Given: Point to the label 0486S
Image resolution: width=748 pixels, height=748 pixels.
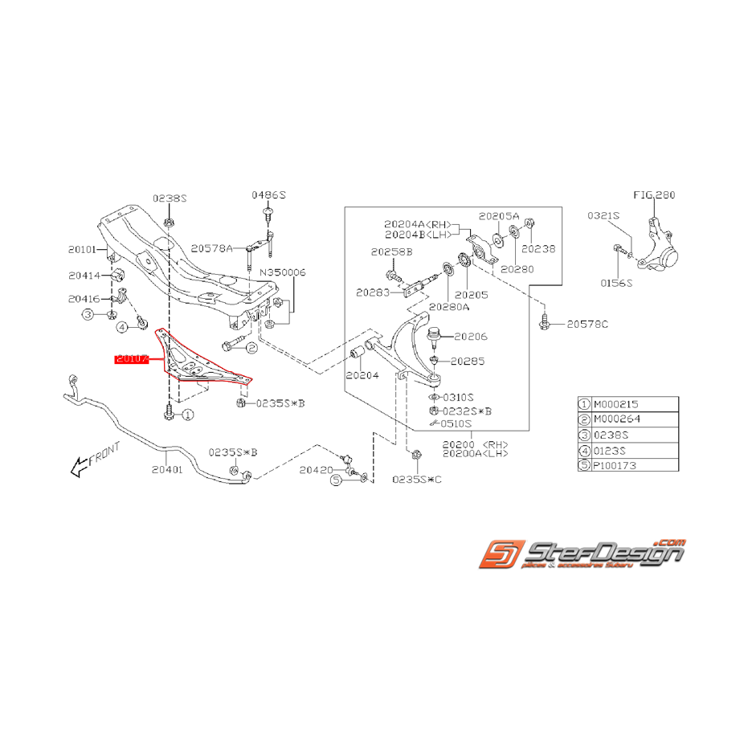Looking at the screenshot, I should [x=268, y=195].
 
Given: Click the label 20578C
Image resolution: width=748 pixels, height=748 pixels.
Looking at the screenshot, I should [x=588, y=324].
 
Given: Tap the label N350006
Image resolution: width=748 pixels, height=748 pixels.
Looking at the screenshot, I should [x=282, y=272].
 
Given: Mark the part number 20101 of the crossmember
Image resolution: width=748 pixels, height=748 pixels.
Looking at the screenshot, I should [x=83, y=250].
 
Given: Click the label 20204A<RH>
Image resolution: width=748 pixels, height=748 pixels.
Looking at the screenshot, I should [x=418, y=224].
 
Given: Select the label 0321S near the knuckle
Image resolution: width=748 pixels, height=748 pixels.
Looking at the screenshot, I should [x=604, y=215].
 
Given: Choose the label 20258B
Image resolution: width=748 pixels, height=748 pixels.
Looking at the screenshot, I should [x=391, y=251].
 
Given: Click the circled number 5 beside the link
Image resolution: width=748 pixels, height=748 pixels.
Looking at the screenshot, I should [x=336, y=480].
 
